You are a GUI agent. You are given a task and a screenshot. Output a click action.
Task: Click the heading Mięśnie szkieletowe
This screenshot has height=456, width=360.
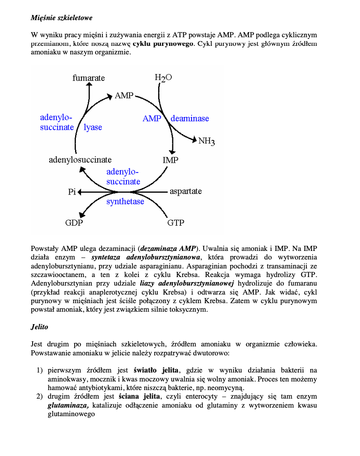(62, 18)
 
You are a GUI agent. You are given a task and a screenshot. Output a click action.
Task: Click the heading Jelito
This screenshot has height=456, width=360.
(39, 327)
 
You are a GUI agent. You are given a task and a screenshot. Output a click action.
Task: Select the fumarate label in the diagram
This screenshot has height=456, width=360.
(89, 78)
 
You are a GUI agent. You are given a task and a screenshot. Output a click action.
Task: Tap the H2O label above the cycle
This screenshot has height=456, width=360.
(163, 78)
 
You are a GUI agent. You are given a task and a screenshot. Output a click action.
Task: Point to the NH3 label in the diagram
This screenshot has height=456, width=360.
(207, 141)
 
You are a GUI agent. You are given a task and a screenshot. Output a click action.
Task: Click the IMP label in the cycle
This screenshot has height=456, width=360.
(171, 160)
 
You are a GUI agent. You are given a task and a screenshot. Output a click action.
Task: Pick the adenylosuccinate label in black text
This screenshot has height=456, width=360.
(80, 160)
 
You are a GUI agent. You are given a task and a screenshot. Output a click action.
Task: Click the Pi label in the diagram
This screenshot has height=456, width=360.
(72, 192)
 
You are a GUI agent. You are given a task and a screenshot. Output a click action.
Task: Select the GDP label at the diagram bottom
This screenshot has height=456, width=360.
(74, 223)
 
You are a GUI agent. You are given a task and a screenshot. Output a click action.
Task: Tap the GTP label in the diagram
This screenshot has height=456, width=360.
(176, 223)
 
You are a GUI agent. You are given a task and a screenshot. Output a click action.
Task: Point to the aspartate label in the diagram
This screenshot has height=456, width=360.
(186, 191)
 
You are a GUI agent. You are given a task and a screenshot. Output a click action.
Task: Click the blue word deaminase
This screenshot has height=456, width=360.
(190, 119)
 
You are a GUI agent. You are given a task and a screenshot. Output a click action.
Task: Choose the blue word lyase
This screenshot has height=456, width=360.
(93, 127)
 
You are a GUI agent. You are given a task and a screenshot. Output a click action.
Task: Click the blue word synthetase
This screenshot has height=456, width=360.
(125, 201)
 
